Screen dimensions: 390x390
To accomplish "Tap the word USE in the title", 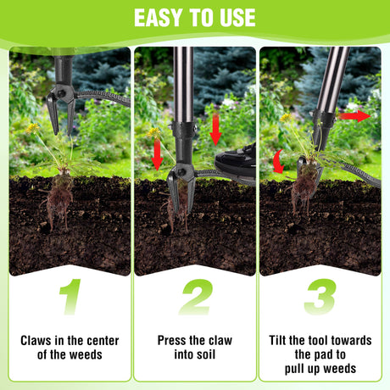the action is coord(237,18).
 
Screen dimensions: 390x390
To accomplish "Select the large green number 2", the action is coord(196,297).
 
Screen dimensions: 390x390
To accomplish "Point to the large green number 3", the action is coord(320,297).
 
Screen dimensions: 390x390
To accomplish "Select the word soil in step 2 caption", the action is coord(206,354).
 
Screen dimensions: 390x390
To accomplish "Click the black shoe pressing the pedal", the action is coord(236,162).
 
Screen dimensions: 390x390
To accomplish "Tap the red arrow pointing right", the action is coord(354,116).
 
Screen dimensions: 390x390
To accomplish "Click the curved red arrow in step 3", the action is coord(278,161).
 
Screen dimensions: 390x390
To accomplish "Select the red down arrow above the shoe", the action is coord(215,129).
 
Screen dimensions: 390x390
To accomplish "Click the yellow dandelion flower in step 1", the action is coord(33,128).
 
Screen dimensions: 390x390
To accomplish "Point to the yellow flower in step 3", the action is coord(286,117).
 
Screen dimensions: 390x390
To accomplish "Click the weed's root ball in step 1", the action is coord(58,198).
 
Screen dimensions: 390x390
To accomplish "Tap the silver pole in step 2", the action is coord(183,85).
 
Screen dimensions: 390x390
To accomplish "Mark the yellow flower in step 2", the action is coord(153,132).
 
